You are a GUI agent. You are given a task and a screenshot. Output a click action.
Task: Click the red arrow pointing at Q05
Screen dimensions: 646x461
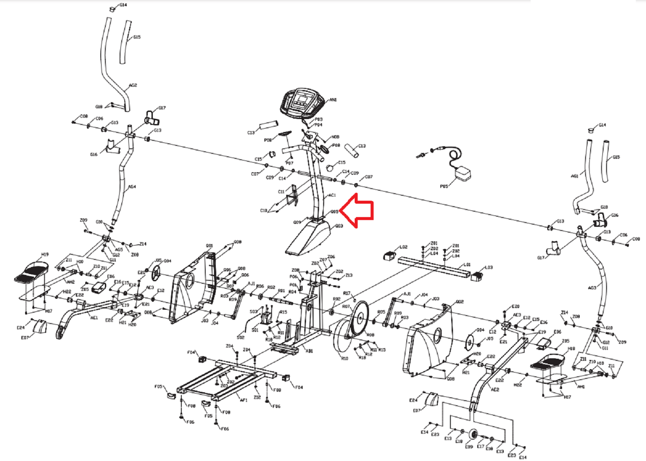(x=357, y=211)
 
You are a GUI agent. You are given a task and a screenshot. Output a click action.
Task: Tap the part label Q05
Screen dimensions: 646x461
(x=334, y=212)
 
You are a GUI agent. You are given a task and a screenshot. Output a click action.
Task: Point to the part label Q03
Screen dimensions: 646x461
(x=339, y=226)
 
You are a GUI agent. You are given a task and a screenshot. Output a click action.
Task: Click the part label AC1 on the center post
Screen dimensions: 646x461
(x=332, y=195)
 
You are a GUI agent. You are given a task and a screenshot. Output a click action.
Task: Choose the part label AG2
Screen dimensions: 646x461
(x=133, y=85)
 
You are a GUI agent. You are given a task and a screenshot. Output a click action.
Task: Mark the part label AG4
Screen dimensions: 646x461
(x=132, y=187)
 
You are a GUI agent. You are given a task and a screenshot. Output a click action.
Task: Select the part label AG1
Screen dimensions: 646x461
(x=574, y=176)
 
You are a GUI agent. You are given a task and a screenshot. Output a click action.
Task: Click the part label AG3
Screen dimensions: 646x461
(x=592, y=288)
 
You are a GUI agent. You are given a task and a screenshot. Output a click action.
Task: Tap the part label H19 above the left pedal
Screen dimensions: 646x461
(x=45, y=254)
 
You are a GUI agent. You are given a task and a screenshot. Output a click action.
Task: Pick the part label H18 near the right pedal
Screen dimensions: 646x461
(x=571, y=349)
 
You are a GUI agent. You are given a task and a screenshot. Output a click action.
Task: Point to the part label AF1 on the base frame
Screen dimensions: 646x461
(x=243, y=400)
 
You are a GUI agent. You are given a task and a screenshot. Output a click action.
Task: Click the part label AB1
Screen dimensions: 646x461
(x=309, y=351)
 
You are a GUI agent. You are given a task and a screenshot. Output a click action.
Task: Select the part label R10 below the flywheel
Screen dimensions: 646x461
(x=345, y=358)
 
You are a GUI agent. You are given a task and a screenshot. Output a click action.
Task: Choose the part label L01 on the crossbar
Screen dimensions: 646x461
(x=467, y=264)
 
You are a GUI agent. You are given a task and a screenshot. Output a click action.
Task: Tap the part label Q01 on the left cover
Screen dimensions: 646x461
(x=209, y=246)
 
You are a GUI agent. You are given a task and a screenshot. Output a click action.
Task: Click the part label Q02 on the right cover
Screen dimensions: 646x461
(x=460, y=302)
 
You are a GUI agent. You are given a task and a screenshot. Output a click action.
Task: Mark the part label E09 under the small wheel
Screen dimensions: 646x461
(x=468, y=447)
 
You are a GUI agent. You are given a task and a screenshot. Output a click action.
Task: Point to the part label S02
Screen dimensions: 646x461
(x=240, y=337)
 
